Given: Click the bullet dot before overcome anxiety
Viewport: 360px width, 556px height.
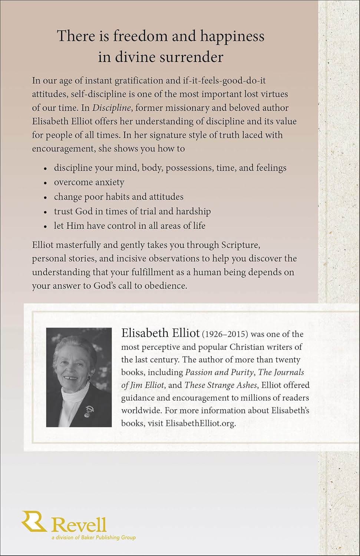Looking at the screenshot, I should click(x=45, y=183).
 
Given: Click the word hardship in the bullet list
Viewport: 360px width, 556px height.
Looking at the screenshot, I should click(x=193, y=211).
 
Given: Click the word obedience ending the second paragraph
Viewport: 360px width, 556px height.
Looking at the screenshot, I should click(x=166, y=286).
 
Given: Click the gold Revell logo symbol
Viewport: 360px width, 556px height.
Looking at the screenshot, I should click(x=34, y=522).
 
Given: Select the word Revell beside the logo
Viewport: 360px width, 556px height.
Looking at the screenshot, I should click(x=79, y=525).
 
